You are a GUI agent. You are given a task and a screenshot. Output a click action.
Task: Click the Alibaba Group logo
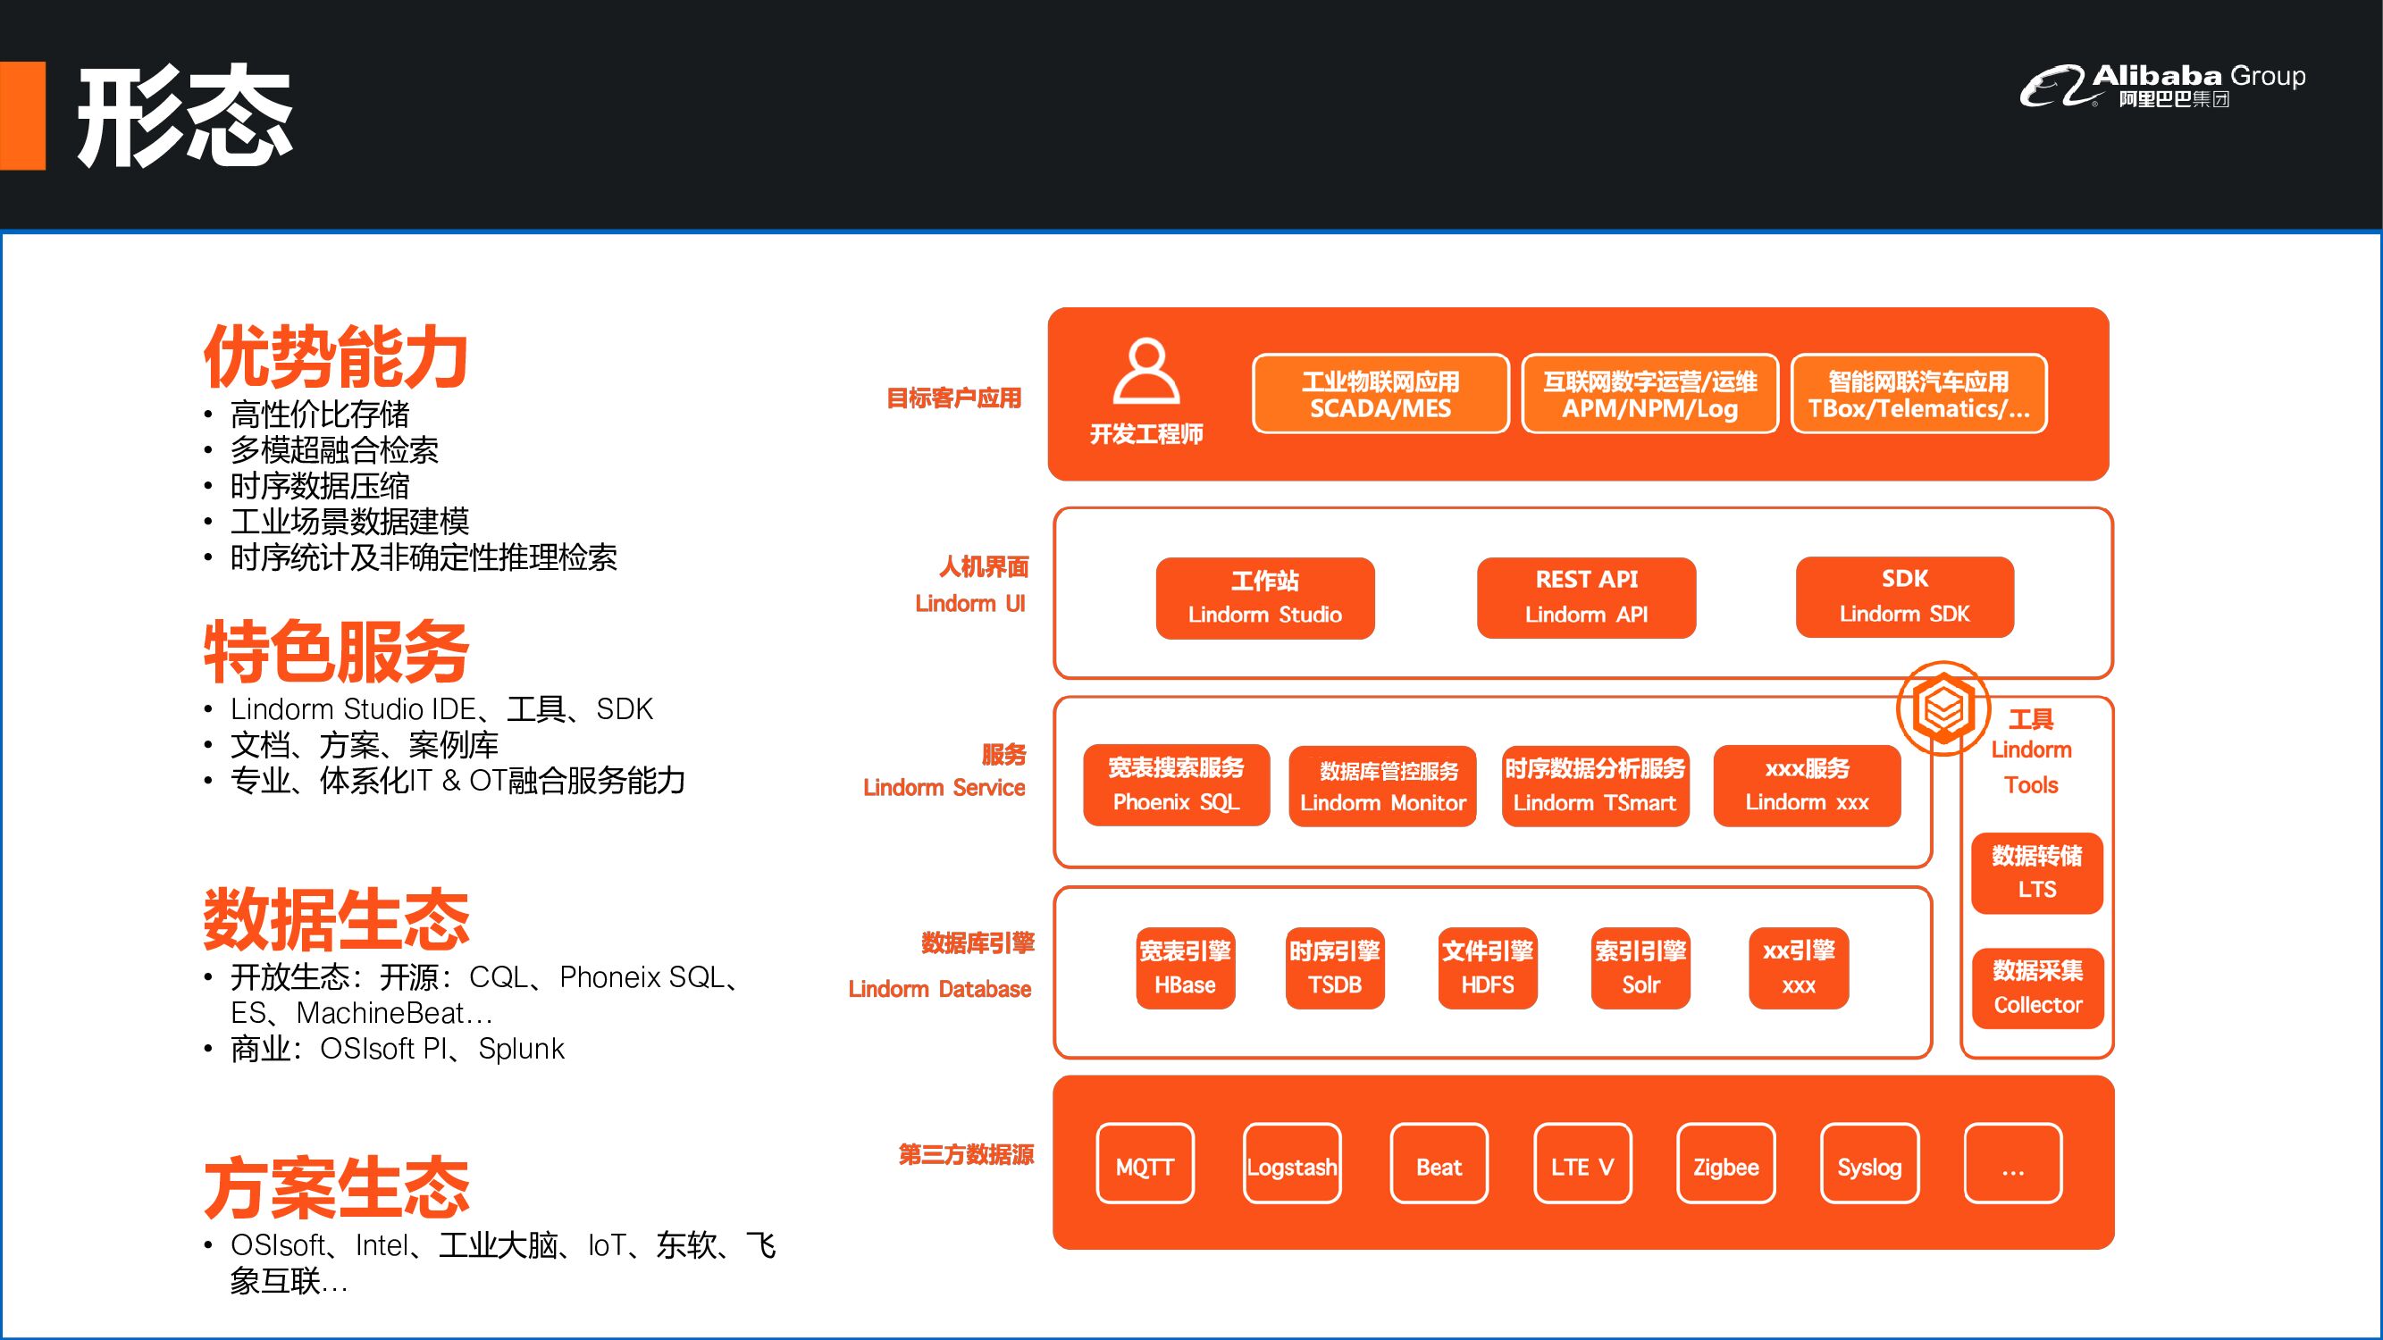pos(2161,85)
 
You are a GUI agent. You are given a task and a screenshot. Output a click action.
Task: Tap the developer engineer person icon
pos(1145,371)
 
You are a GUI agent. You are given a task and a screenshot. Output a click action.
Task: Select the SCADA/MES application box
pos(1380,394)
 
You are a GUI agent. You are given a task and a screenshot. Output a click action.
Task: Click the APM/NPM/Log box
pos(1649,394)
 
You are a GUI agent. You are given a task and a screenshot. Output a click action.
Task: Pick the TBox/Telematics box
pos(1918,394)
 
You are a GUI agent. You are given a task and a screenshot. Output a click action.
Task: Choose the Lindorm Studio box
pos(1264,598)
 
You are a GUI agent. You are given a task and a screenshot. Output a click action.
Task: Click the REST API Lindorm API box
pos(1586,598)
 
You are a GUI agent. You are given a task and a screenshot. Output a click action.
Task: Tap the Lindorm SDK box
pos(1904,597)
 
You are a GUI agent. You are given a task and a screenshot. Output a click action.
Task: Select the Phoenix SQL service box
pos(1176,784)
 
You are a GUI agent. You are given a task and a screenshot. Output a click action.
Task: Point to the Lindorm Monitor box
pos(1382,786)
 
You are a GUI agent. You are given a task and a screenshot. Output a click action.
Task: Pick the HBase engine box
pos(1185,967)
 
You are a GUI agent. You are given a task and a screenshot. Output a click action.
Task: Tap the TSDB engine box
pos(1334,967)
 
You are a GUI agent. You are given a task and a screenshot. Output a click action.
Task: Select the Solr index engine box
pos(1640,967)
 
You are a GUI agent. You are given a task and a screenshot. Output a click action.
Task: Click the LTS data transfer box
pos(2036,872)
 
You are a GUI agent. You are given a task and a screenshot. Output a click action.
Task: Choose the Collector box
pos(2037,988)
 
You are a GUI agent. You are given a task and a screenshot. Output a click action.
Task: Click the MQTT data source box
pos(1145,1163)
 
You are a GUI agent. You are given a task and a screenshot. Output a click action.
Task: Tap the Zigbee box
pos(1725,1163)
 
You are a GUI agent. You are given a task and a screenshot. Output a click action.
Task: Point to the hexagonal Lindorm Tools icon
pos(1942,708)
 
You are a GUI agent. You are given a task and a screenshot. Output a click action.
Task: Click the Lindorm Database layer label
pos(940,989)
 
